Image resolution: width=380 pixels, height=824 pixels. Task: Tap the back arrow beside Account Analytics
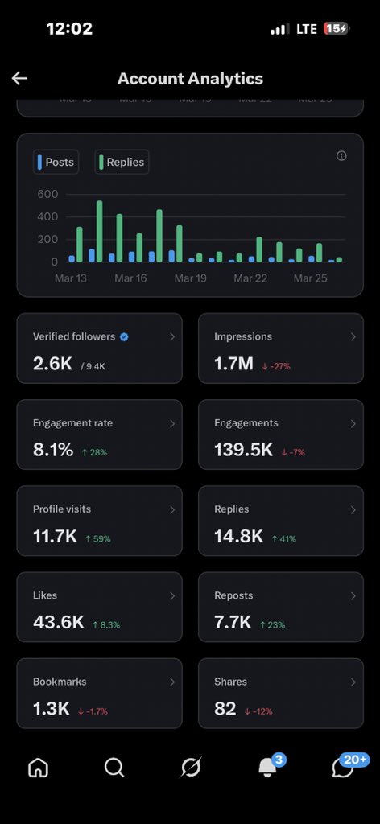pos(19,78)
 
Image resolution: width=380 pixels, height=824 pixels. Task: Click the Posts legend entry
pos(56,162)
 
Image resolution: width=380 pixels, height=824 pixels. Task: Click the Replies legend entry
pos(122,162)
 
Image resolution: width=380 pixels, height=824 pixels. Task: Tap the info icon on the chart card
pos(341,156)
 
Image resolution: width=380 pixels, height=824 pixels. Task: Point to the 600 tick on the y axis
pos(47,194)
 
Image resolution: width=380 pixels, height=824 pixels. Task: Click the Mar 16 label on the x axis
pos(130,278)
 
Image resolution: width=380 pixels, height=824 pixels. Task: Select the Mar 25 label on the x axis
pos(310,278)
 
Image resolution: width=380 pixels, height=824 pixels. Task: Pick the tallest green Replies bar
pos(99,231)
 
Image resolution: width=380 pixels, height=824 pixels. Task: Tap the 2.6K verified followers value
pos(52,364)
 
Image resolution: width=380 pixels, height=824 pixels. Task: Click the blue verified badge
pos(124,337)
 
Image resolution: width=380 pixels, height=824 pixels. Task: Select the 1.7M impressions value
pos(233,364)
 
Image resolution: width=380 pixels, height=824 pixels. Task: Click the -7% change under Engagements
pos(293,452)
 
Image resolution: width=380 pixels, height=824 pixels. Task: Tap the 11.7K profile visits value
pos(55,536)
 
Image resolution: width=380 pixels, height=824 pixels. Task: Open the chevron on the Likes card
pos(171,596)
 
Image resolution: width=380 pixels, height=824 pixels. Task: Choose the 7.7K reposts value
pos(233,622)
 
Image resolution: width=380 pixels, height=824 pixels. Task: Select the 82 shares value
pos(225,708)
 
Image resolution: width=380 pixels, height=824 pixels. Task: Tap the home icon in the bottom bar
pos(38,768)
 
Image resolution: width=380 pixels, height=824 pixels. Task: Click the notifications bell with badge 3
pos(267,768)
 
